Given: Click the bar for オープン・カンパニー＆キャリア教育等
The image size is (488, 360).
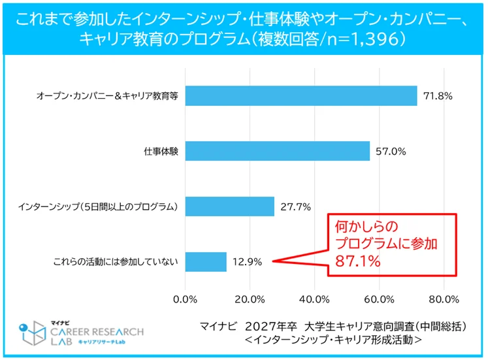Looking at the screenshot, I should pyautogui.click(x=301, y=96).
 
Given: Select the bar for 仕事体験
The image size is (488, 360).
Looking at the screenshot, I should pyautogui.click(x=278, y=151).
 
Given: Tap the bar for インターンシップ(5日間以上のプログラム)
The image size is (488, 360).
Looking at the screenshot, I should pyautogui.click(x=230, y=206).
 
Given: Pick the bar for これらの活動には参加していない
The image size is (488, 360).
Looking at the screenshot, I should pyautogui.click(x=206, y=262).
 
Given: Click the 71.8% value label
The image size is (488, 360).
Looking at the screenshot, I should pyautogui.click(x=438, y=96).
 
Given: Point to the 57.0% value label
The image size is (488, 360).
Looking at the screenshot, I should pyautogui.click(x=391, y=152).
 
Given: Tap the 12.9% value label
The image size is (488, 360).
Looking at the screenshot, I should pyautogui.click(x=247, y=262).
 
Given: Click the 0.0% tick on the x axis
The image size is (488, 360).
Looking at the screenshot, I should pyautogui.click(x=186, y=301).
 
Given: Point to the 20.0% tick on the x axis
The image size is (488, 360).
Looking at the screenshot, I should pyautogui.click(x=250, y=301).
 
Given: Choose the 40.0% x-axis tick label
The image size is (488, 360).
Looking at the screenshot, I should pyautogui.click(x=314, y=301).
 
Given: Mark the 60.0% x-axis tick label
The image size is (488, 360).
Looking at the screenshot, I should pyautogui.click(x=379, y=301).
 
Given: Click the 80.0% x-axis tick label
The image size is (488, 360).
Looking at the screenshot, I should pyautogui.click(x=444, y=301).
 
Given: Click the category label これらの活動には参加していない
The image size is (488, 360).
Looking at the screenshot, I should pyautogui.click(x=116, y=262).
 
